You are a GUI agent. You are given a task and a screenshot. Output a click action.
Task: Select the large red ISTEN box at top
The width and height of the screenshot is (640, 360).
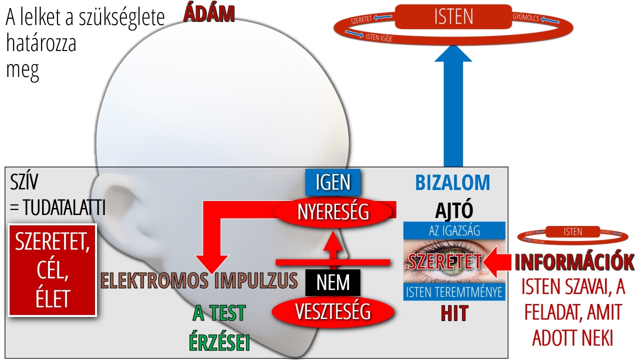pos(453,16)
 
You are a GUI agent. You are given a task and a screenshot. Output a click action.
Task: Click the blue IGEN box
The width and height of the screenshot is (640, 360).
pos(333,182)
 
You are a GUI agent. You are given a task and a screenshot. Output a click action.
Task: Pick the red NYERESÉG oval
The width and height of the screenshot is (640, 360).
pos(333,212)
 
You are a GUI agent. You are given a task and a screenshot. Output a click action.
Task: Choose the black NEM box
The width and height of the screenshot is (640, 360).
pos(333,283)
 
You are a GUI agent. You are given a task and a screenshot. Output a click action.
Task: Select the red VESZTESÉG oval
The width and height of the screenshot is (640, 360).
pos(333,311)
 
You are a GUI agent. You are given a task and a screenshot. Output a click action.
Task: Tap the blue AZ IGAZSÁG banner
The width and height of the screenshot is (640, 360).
pos(454,230)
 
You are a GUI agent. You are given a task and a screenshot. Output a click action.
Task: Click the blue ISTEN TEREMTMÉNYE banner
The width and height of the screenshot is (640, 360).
pos(454,292)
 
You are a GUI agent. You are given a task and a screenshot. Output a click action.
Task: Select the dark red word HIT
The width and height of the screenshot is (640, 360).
pos(454,313)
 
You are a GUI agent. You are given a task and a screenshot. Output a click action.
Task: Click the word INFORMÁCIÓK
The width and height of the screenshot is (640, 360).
pos(574,262)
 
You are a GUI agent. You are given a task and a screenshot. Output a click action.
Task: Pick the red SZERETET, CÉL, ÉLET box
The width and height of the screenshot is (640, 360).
pos(53,270)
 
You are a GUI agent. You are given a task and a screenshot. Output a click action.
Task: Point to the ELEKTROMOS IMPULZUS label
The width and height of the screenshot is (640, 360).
pos(199,281)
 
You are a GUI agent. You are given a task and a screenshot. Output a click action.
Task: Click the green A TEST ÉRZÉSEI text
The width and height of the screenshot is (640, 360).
pos(219,327)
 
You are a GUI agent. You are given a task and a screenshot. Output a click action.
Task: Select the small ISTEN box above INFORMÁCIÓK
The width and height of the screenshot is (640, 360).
pos(572,231)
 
